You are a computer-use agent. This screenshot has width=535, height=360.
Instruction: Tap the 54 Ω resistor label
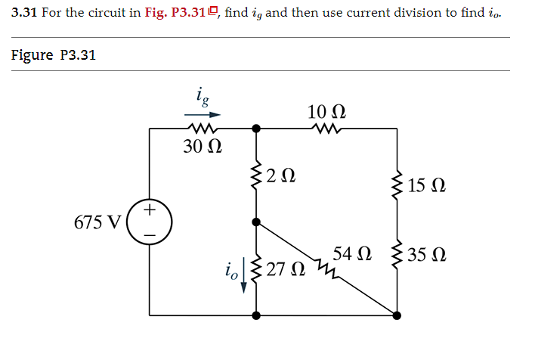tap(352, 253)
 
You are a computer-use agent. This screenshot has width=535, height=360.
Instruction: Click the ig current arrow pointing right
tap(203, 115)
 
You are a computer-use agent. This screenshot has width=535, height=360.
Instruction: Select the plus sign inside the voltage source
tap(150, 209)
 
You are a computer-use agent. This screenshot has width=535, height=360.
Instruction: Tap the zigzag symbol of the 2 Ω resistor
tap(257, 178)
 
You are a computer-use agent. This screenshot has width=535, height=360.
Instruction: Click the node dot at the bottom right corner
tap(397, 314)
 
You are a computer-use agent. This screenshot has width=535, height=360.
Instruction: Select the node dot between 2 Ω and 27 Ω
tap(257, 223)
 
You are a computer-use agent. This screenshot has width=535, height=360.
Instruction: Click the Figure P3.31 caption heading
tap(53, 55)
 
